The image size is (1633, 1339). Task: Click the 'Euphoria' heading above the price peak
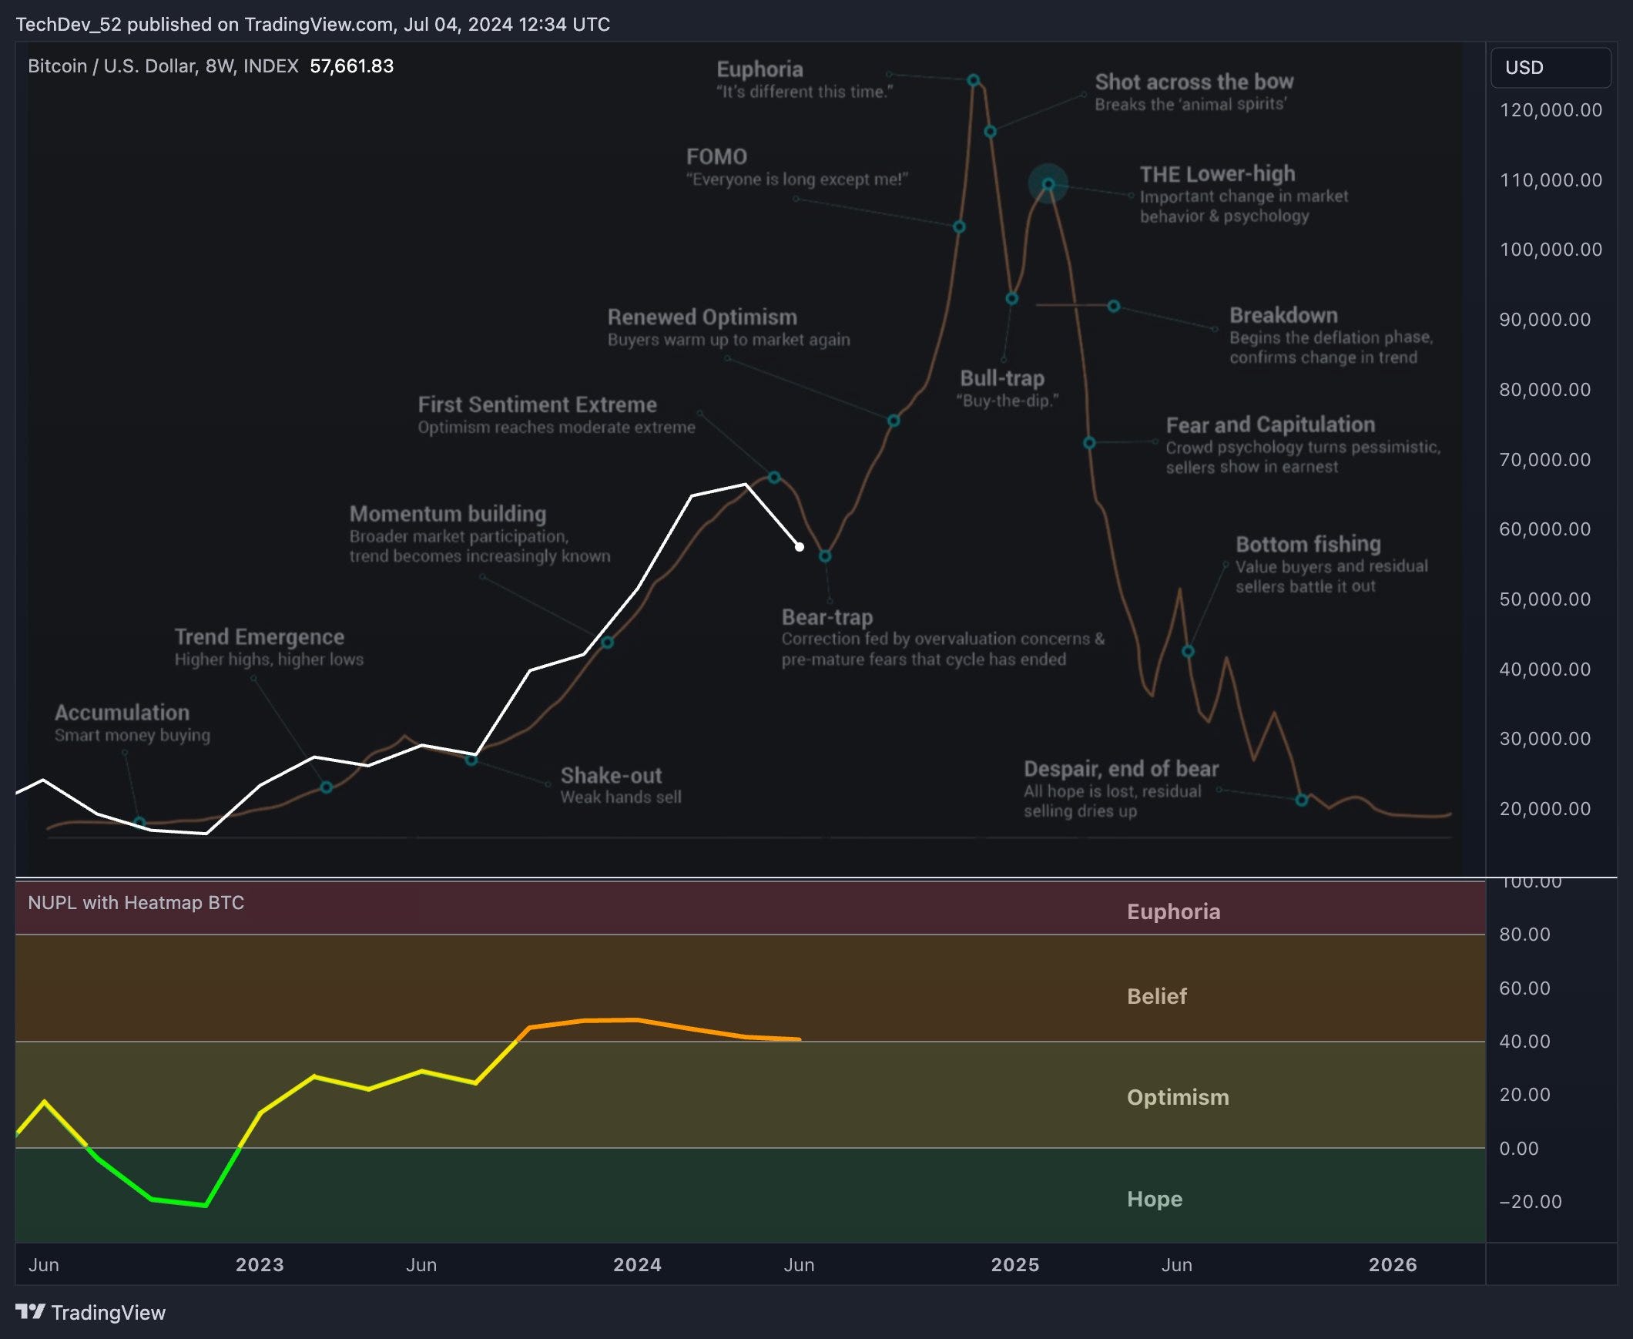(759, 69)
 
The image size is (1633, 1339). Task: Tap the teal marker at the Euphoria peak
(973, 80)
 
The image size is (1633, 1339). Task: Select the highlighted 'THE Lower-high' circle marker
(1048, 184)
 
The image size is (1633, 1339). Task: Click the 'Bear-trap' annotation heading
(827, 617)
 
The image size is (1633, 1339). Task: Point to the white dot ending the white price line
(800, 547)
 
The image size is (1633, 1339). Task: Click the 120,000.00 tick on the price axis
(1551, 110)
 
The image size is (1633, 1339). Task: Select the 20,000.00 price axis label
(1544, 808)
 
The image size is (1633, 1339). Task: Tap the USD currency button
(1550, 68)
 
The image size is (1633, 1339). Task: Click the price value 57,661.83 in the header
(351, 66)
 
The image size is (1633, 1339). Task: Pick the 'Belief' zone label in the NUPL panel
(1156, 996)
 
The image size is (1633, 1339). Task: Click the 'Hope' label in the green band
(1154, 1199)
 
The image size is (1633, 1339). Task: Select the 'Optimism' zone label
(1177, 1098)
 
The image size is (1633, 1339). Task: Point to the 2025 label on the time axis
(1014, 1265)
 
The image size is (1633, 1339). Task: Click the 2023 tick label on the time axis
(259, 1265)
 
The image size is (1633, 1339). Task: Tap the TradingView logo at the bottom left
(91, 1313)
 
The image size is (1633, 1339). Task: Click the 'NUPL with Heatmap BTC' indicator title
(136, 903)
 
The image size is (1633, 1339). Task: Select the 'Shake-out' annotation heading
(611, 775)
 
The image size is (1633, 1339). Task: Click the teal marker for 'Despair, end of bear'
(1302, 800)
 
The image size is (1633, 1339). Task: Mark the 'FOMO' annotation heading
(716, 157)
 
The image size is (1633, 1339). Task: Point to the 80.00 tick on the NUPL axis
(1524, 935)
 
